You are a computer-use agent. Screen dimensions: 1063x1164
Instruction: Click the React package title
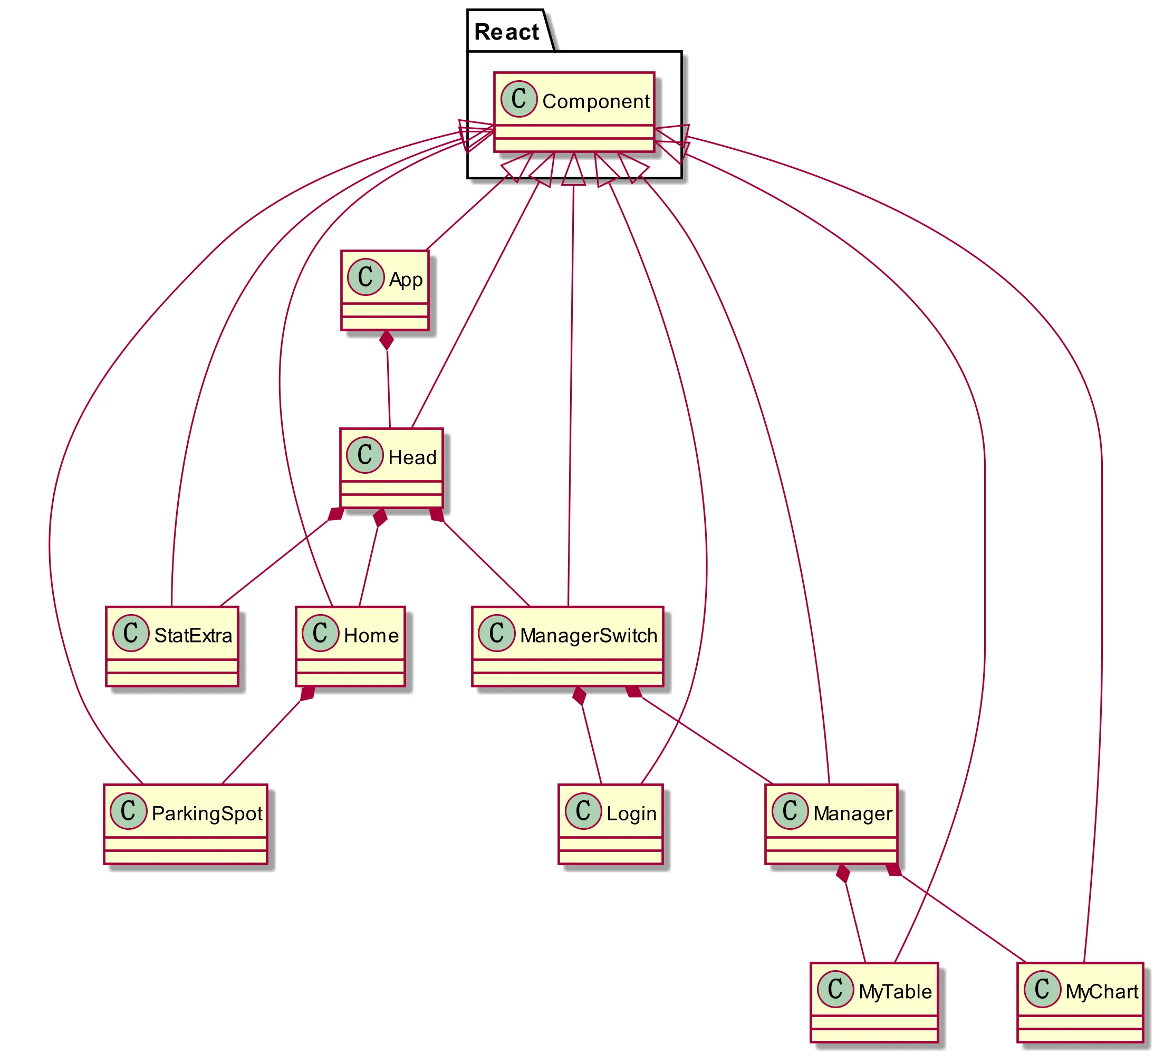tap(506, 32)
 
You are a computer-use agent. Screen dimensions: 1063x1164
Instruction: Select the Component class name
tap(596, 102)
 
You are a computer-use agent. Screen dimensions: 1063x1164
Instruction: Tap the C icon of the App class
tap(365, 277)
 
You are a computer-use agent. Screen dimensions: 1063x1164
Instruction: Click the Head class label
tap(412, 458)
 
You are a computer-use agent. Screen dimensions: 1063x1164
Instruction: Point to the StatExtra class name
tap(193, 636)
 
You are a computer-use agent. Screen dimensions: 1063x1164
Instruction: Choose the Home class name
tap(371, 636)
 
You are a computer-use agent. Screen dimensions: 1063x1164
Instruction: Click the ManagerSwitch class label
tap(589, 636)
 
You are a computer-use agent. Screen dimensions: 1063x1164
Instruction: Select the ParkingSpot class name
tap(207, 813)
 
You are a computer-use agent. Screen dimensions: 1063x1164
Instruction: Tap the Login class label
tap(631, 813)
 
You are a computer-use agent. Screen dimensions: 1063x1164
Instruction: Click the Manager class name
tap(853, 813)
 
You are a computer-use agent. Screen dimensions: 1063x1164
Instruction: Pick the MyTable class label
tap(895, 991)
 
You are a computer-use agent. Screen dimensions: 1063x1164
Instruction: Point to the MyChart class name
tap(1102, 991)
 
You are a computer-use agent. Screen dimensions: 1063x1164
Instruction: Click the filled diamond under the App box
tap(386, 341)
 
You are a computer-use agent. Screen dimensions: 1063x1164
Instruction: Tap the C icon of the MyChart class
tap(1043, 989)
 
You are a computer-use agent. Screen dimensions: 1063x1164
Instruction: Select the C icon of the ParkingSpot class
tap(128, 811)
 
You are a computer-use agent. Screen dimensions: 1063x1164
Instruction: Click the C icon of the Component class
tap(519, 99)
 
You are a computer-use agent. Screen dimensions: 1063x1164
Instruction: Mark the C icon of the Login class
tap(583, 811)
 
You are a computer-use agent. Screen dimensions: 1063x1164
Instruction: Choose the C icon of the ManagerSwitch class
tap(496, 634)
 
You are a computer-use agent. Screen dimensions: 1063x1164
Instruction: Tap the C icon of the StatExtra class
tap(131, 634)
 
